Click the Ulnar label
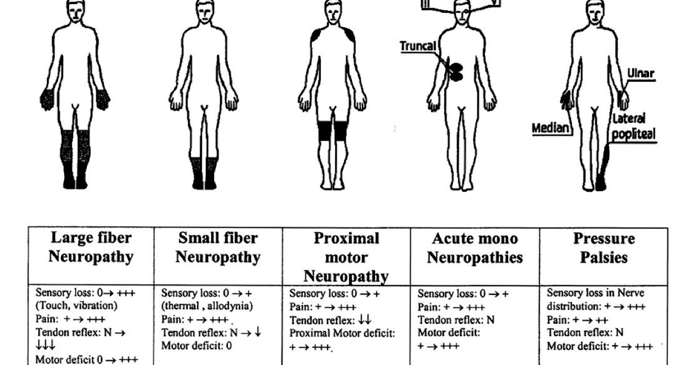coord(640,74)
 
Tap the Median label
coord(550,127)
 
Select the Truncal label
coord(418,45)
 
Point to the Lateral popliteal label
coord(633,127)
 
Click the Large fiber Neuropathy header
coord(91,247)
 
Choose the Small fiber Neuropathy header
coord(218,247)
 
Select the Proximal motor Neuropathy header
coord(346,257)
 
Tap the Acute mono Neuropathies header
coord(475,247)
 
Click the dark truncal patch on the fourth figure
coord(456,70)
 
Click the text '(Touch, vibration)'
coord(77,305)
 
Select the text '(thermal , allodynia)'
coord(207,305)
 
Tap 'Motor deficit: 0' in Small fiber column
coord(196,346)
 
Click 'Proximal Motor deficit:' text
coord(342,333)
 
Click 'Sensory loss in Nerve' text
coord(595,293)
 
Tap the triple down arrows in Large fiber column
coord(45,345)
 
